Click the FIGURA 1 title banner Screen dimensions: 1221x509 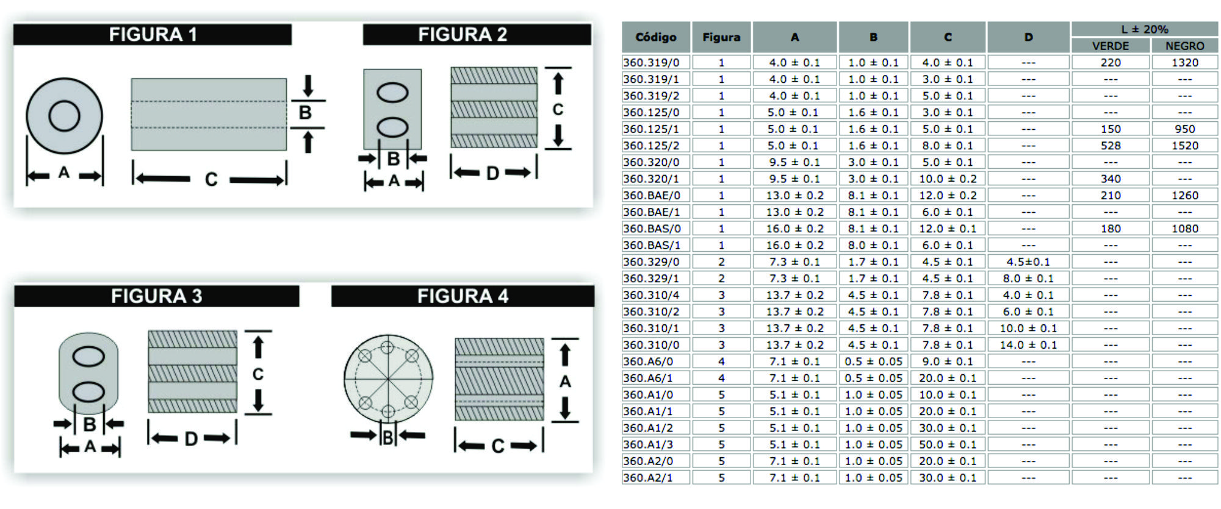click(153, 34)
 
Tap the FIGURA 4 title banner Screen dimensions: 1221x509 click(463, 296)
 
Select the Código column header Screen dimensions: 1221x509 click(656, 37)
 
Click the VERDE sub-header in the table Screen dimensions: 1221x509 click(1111, 46)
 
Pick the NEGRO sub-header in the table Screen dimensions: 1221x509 click(1184, 46)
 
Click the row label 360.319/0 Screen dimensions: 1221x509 click(651, 62)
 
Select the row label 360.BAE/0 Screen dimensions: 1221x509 click(652, 195)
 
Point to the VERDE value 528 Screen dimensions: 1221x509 click(1111, 146)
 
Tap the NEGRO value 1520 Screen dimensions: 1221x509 click(1185, 146)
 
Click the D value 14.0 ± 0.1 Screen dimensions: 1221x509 click(1028, 345)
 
